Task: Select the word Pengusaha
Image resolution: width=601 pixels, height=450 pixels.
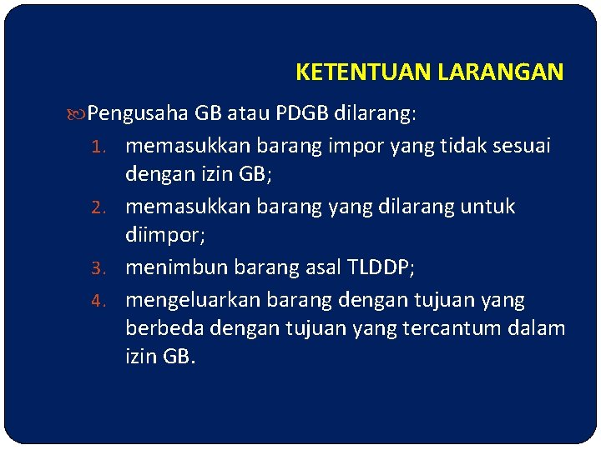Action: tap(139, 112)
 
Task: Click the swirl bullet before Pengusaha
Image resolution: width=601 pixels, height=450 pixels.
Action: tap(79, 112)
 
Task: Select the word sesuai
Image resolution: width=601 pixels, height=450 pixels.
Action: tap(521, 146)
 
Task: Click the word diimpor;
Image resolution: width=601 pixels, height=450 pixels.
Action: tap(165, 237)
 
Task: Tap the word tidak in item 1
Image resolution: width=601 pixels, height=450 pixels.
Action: tap(456, 146)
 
